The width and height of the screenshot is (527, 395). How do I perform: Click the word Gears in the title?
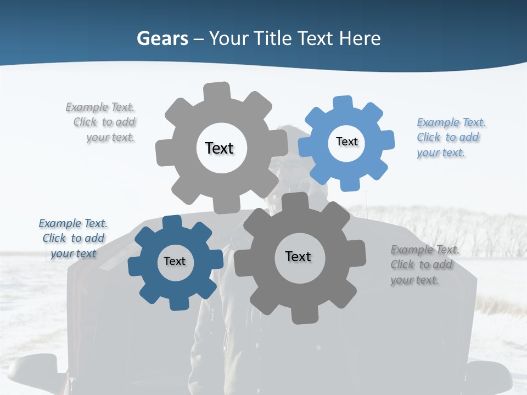(x=161, y=38)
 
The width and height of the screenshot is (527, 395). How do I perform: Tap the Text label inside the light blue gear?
(x=346, y=142)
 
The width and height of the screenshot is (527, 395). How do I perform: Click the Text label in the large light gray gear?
(x=219, y=148)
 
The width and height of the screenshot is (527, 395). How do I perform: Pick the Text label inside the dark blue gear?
(x=175, y=262)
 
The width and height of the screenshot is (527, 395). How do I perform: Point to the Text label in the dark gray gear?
(x=298, y=257)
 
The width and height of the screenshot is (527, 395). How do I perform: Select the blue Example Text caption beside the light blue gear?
(x=450, y=137)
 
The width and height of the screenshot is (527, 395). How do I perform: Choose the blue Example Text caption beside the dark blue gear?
(x=73, y=239)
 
